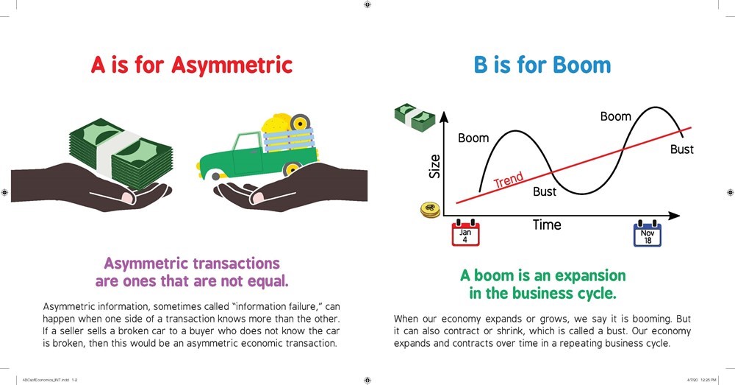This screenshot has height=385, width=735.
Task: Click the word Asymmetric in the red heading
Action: [232, 66]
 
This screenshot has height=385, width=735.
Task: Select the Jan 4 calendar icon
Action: [465, 233]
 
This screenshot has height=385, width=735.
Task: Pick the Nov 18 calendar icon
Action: [648, 233]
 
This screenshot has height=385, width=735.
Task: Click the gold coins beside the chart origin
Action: [430, 209]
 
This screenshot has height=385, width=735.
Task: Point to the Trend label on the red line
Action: [509, 180]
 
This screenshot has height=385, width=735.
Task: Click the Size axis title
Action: [435, 166]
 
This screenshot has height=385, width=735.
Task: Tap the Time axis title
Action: [547, 225]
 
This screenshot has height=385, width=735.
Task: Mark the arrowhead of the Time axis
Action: [674, 216]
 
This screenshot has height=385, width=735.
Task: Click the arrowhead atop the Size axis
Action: [444, 117]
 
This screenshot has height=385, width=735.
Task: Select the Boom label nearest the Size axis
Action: [473, 138]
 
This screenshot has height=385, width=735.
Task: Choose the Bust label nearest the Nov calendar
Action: [681, 149]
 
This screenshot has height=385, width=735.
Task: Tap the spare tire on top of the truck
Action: [300, 122]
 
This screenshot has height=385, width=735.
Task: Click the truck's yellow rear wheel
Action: [292, 168]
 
